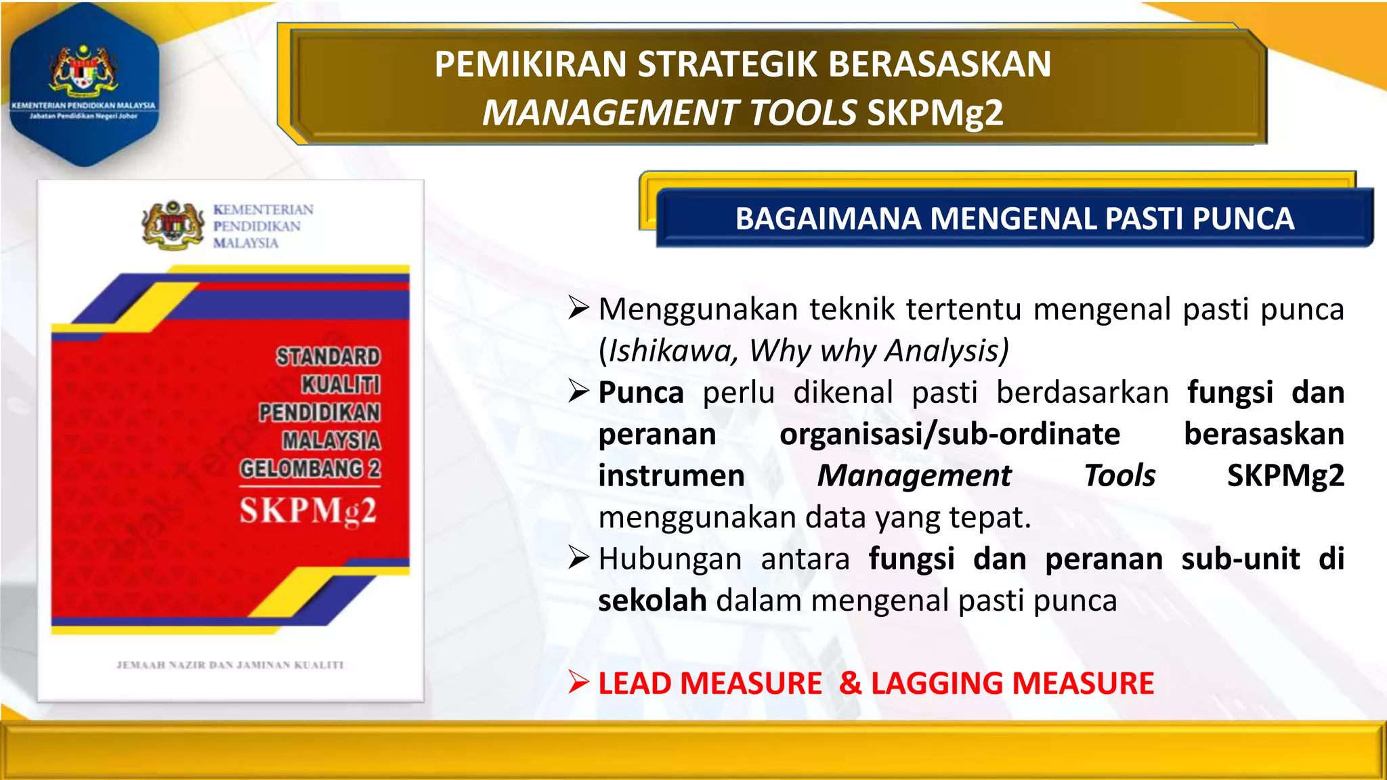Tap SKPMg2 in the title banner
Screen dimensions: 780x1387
coord(935,112)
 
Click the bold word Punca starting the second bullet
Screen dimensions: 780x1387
coord(641,393)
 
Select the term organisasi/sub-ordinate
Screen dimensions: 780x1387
coord(949,434)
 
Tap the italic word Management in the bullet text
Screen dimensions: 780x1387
coord(914,475)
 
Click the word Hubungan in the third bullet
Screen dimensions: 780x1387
coord(670,559)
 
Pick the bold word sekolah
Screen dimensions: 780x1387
coord(652,601)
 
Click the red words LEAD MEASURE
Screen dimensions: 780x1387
coord(710,683)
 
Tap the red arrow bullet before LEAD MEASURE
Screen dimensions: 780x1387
coord(578,682)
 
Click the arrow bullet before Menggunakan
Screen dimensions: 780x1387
coord(578,309)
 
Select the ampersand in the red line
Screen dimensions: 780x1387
coord(850,683)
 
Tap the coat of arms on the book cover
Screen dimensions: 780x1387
coord(173,225)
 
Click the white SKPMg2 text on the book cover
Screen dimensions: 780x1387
coord(307,511)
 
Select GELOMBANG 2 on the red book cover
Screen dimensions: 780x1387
coord(310,469)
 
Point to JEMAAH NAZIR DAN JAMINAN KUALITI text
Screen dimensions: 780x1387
coord(230,665)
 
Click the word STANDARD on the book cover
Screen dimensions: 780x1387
coord(328,357)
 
